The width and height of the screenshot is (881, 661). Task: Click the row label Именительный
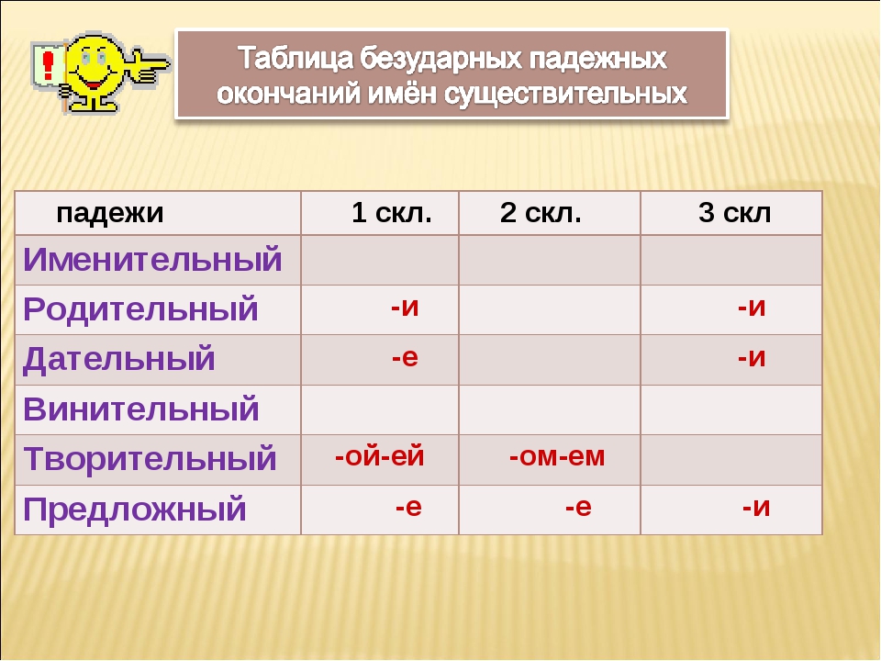(152, 260)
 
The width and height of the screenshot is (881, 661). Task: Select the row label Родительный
(140, 309)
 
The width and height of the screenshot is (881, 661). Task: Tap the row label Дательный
(119, 360)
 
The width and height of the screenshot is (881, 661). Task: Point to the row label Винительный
(141, 409)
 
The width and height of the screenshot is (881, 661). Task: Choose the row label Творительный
(150, 459)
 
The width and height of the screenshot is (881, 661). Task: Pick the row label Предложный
(135, 510)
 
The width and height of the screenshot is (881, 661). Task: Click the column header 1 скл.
(392, 212)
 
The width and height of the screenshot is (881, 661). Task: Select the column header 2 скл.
(541, 212)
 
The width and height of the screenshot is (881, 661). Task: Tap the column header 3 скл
(735, 212)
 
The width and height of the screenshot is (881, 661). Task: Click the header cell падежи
(110, 214)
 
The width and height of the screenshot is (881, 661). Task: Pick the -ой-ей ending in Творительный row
(379, 456)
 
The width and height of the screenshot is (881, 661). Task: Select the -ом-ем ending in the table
(557, 456)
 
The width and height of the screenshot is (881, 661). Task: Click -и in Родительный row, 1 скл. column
(405, 307)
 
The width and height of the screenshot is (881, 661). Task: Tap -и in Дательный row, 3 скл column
(752, 357)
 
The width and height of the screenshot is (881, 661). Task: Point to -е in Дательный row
(405, 357)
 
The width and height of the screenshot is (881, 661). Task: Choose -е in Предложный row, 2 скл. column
(579, 507)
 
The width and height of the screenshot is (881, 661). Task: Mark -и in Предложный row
(756, 507)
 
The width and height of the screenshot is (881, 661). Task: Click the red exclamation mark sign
(49, 65)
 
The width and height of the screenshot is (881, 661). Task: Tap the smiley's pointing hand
(150, 64)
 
